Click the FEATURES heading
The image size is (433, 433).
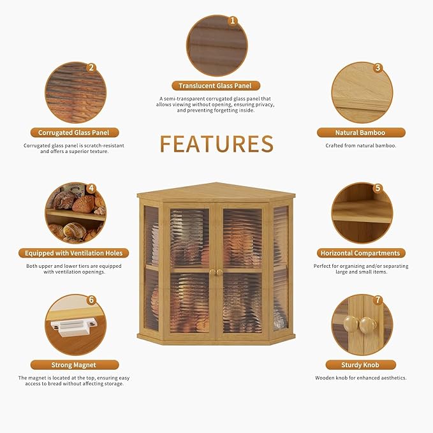coord(217,144)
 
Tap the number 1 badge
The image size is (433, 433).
coord(233,20)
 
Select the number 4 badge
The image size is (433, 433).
coord(91,188)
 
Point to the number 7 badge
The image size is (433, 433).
coord(378,300)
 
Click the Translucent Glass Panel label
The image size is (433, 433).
coord(216,85)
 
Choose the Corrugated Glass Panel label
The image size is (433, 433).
coord(75,133)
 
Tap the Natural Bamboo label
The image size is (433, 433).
coord(361,133)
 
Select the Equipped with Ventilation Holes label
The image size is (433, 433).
coord(74,253)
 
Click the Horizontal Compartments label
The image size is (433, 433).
coord(361,253)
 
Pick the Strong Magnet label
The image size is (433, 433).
coord(75,365)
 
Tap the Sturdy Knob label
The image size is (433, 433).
coord(361,365)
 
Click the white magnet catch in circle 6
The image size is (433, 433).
coord(74,327)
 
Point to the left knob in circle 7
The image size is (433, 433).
coord(351,323)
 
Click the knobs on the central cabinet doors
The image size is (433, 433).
coord(216,272)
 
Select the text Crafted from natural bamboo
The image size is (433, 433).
coord(361,145)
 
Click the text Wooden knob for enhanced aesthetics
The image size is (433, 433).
coord(361,378)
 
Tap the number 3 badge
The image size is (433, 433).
coord(378,68)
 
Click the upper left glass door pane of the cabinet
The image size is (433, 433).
coord(189,238)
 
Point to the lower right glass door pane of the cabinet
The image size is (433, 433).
coord(242,303)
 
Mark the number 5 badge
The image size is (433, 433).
coord(378,188)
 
